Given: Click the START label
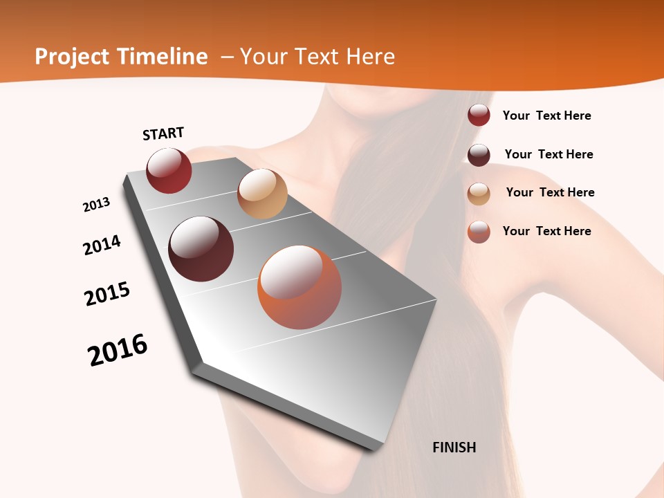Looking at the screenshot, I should click(x=163, y=133).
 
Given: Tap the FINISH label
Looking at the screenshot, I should click(x=454, y=448).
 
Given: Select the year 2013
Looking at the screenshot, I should click(x=96, y=204).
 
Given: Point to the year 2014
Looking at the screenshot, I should click(x=102, y=245).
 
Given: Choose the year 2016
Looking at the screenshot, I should click(x=118, y=349).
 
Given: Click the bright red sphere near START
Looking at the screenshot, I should click(x=169, y=170).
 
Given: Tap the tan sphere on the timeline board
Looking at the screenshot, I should click(x=262, y=194).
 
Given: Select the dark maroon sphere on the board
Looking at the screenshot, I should click(x=201, y=249).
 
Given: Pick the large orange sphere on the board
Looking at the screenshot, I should click(x=299, y=287).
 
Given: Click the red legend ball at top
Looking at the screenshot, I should click(x=479, y=115).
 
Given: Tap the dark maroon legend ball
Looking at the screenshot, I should click(x=479, y=155).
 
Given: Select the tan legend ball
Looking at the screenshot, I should click(x=479, y=194).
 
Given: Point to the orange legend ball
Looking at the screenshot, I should click(x=479, y=232).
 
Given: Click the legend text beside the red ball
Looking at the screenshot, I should click(x=546, y=116).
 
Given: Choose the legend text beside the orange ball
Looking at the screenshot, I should click(x=546, y=231).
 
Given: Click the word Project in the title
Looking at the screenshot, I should click(x=72, y=57).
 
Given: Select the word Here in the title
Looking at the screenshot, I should click(x=370, y=57).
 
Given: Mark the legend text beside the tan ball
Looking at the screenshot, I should click(x=550, y=192).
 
